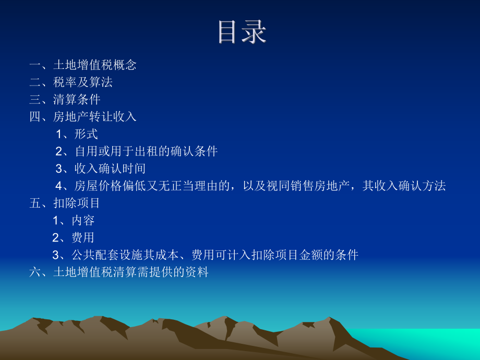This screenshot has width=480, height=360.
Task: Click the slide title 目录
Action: pos(242,32)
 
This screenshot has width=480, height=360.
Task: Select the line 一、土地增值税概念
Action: pos(83,65)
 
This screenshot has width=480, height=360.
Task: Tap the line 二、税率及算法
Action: pos(71,82)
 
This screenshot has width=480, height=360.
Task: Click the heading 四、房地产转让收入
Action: pos(83,117)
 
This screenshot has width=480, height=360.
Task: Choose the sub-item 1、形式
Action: pos(77,134)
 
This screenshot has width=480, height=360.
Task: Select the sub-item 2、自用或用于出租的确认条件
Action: pos(137,151)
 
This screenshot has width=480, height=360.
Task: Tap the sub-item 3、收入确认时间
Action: pos(101,169)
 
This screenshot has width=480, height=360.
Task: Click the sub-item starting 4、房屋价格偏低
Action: pos(250,186)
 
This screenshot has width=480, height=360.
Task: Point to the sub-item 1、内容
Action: pos(74,220)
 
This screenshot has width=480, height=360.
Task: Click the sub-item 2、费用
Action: pos(74,237)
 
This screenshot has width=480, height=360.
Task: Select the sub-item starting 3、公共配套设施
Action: pos(205,255)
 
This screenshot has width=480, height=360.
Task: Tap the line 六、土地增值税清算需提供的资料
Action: pos(119,272)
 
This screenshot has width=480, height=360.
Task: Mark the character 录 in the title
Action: pos(254,32)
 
